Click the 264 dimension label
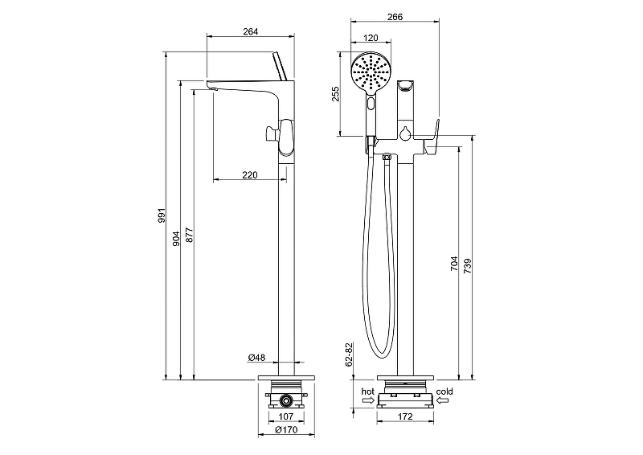click(250, 32)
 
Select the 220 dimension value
click(250, 174)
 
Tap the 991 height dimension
click(162, 216)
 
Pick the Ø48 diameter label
click(256, 357)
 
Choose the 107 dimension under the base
click(285, 417)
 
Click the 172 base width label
click(406, 417)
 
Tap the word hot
click(367, 391)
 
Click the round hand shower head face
click(371, 74)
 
